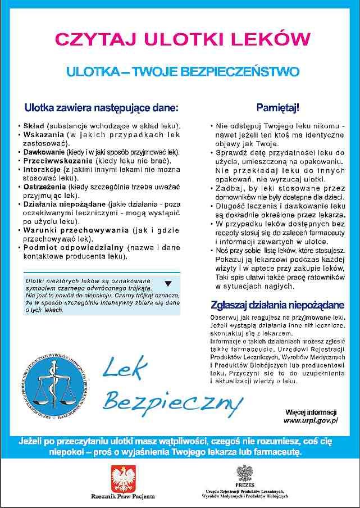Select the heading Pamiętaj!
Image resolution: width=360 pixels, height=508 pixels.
(x=277, y=107)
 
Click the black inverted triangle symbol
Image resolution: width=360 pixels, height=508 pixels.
(x=168, y=283)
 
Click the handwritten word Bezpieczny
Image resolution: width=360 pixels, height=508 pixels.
(x=171, y=400)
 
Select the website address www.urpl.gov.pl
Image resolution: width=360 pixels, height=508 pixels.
(x=310, y=420)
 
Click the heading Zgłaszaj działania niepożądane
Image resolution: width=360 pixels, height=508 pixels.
(x=277, y=305)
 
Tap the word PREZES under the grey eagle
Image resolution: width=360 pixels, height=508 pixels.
(x=245, y=484)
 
